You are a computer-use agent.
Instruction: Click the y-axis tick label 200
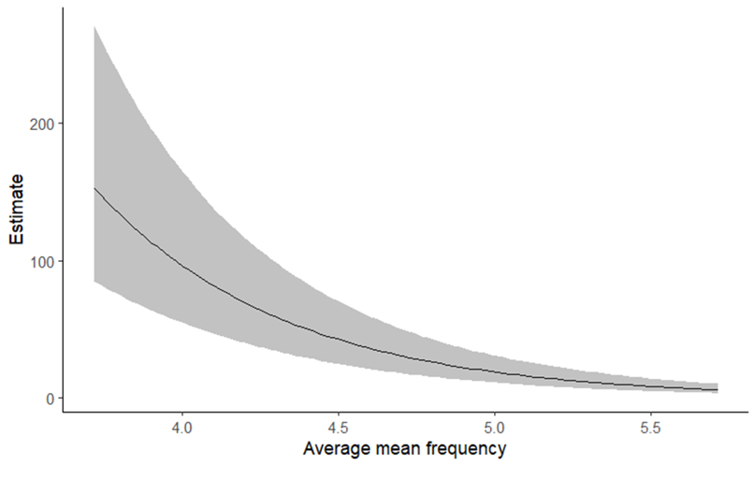[42, 124]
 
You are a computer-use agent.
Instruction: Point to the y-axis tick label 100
[42, 261]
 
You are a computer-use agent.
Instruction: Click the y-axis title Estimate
[16, 212]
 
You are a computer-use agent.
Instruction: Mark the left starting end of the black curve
[94, 188]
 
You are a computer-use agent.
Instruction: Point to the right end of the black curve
[718, 390]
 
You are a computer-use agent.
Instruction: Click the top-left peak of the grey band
[94, 27]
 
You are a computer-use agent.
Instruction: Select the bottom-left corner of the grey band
[94, 281]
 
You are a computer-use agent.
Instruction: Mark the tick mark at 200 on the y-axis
[60, 124]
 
